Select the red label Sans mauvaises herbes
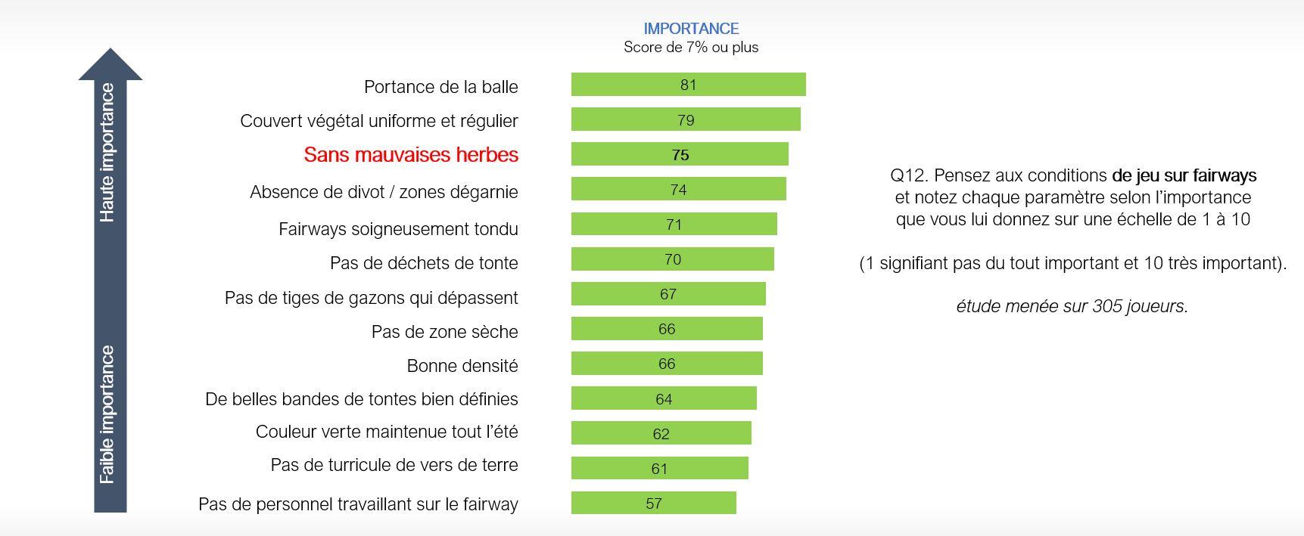(411, 155)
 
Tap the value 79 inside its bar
(686, 120)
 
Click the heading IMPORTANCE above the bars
(691, 29)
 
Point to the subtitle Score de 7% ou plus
(691, 48)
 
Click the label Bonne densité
(462, 366)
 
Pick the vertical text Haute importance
(107, 153)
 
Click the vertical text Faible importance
(107, 414)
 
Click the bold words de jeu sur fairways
(1184, 175)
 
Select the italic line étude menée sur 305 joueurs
(1072, 306)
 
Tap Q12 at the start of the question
(907, 175)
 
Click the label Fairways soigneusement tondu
(398, 229)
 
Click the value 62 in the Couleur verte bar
(661, 434)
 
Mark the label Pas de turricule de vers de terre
(394, 466)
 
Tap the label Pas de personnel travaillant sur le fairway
(358, 504)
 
